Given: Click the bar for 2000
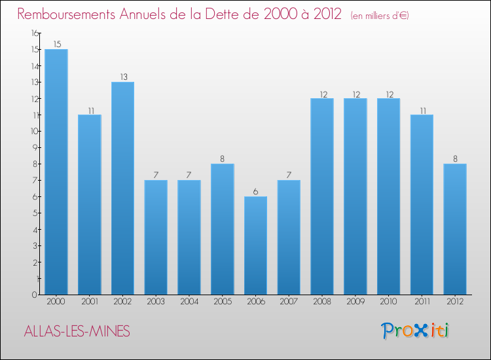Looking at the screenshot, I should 56,171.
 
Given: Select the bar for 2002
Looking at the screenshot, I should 122,188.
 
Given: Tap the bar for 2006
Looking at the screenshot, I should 255,245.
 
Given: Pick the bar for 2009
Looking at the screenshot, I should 355,196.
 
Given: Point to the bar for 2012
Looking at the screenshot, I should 454,229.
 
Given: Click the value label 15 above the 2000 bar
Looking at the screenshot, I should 56,45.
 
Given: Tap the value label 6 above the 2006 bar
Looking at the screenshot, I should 255,192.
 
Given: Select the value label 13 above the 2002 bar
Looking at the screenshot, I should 122,77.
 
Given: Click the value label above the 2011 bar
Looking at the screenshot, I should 422,110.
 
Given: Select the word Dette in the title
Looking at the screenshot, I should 228,14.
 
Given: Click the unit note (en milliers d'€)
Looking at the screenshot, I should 379,16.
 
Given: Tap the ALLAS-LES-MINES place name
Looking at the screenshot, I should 76,331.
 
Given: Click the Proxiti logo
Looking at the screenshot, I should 414,331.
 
